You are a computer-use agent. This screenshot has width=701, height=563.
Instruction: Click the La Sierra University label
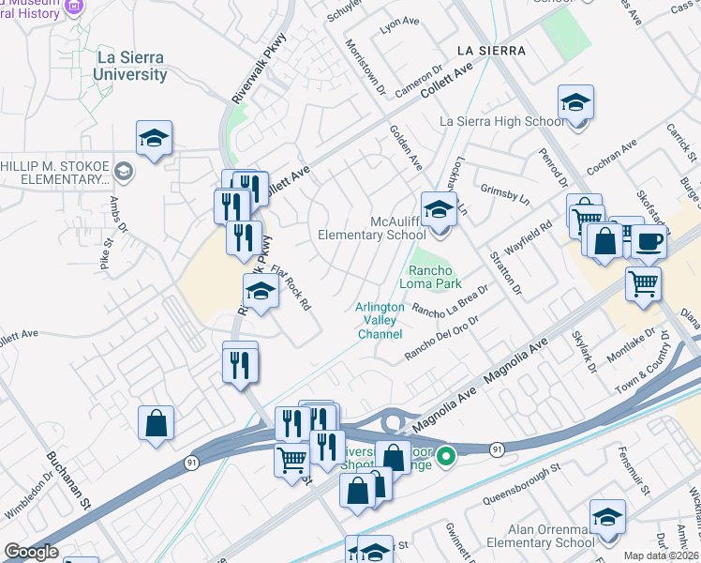pyautogui.click(x=131, y=65)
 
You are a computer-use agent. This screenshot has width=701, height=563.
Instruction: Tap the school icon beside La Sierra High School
pyautogui.click(x=575, y=102)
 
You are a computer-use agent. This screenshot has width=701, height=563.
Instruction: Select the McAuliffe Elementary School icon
pyautogui.click(x=438, y=209)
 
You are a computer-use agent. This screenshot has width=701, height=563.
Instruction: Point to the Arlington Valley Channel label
pyautogui.click(x=380, y=321)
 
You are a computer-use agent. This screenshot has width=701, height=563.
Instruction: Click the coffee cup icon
pyautogui.click(x=648, y=241)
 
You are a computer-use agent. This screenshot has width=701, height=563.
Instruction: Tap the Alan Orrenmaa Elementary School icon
pyautogui.click(x=607, y=517)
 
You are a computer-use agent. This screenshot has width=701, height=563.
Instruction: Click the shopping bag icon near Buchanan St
pyautogui.click(x=156, y=422)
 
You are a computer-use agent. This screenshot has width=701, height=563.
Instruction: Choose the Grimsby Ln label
pyautogui.click(x=504, y=198)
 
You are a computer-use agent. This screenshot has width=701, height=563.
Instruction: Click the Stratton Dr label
pyautogui.click(x=504, y=272)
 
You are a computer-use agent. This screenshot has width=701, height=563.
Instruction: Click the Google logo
pyautogui.click(x=31, y=553)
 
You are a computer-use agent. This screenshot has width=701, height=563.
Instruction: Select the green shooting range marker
pyautogui.click(x=447, y=457)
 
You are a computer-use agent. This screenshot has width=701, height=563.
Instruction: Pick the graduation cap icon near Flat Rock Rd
pyautogui.click(x=261, y=292)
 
